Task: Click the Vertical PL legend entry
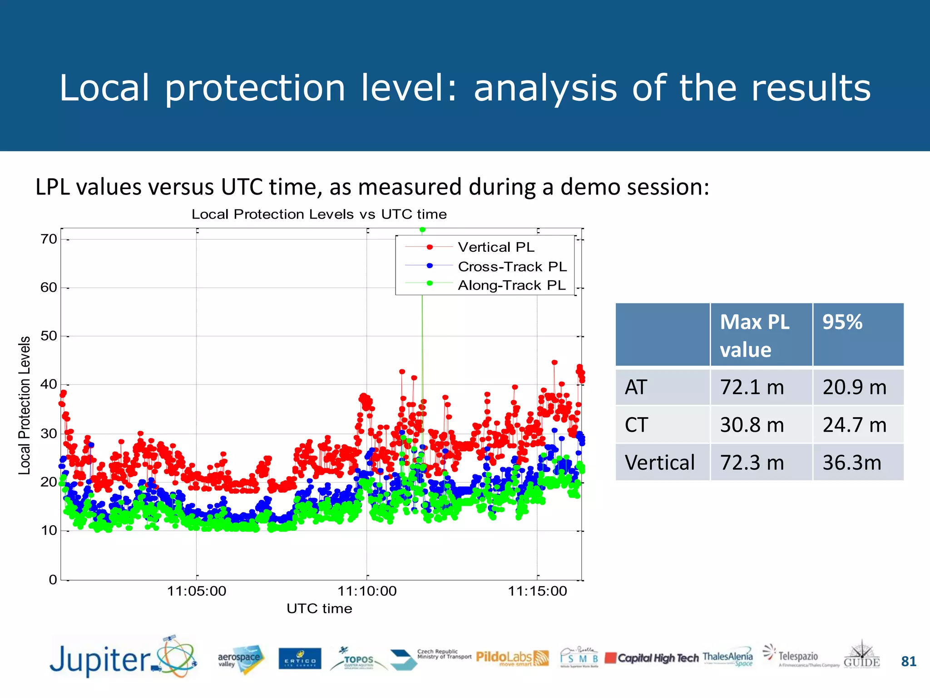pos(496,247)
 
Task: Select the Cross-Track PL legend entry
pos(512,267)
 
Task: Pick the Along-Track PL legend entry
pos(511,285)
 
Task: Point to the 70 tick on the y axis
pos(49,239)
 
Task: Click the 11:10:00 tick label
pos(367,591)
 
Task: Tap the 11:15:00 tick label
pos(537,591)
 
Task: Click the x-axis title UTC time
pos(319,609)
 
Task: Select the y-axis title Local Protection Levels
pos(25,405)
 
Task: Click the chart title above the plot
pos(319,214)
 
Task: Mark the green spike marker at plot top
pos(422,230)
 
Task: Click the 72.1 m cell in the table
pos(752,387)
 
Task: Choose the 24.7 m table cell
pos(855,425)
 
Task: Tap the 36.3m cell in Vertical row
pos(852,463)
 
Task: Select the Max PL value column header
pos(755,335)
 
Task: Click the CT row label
pos(637,425)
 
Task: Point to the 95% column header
pos(842,322)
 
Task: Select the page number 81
pos(908,661)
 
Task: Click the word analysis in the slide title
pos(545,88)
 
